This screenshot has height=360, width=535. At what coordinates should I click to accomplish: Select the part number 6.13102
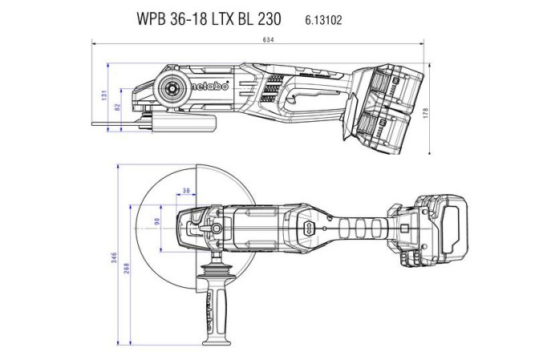324,19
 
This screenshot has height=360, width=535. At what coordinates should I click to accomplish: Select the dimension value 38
186,192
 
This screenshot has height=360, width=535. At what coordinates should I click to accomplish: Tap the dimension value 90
157,221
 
